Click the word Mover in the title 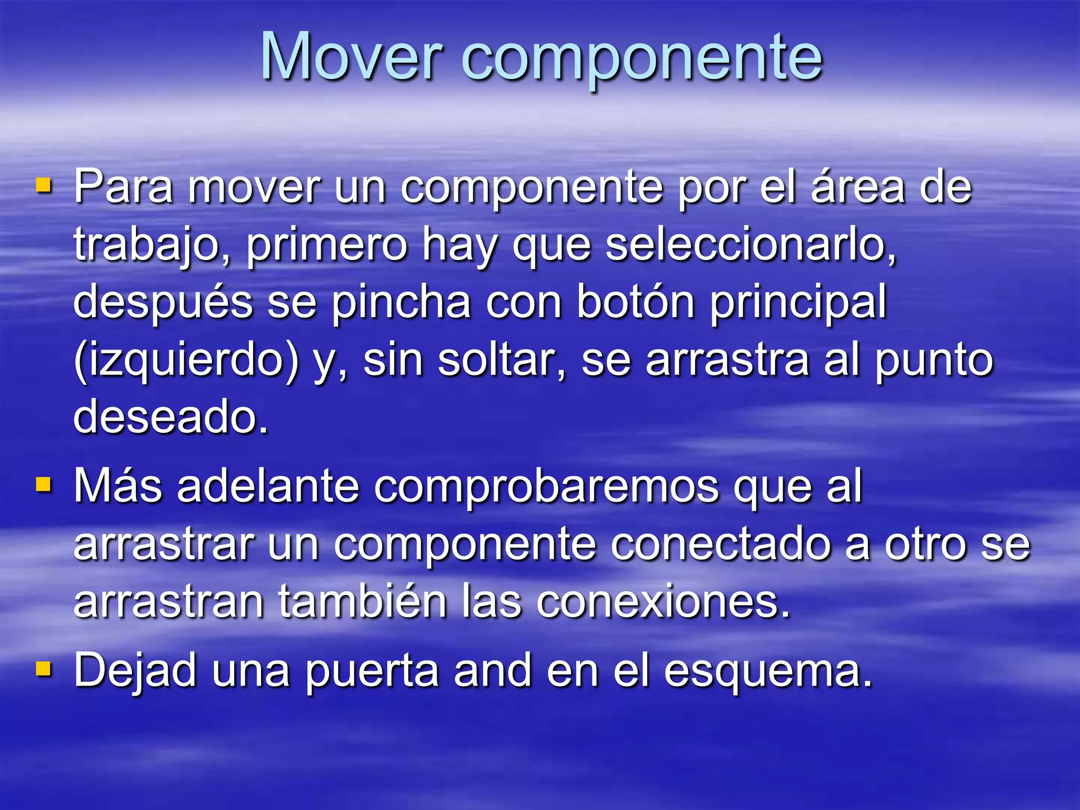pos(351,57)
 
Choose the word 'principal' pos(797,304)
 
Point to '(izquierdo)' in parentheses pos(186,361)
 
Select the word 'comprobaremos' pos(546,486)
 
